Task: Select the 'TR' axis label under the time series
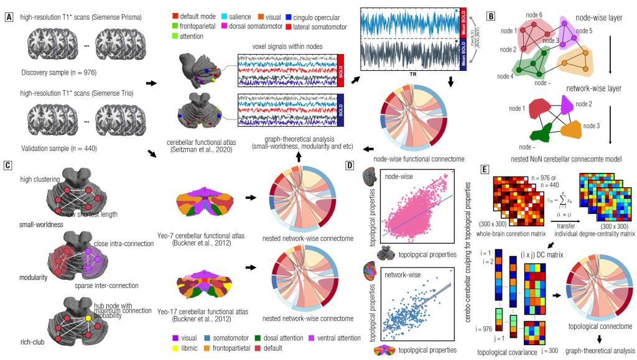412,75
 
